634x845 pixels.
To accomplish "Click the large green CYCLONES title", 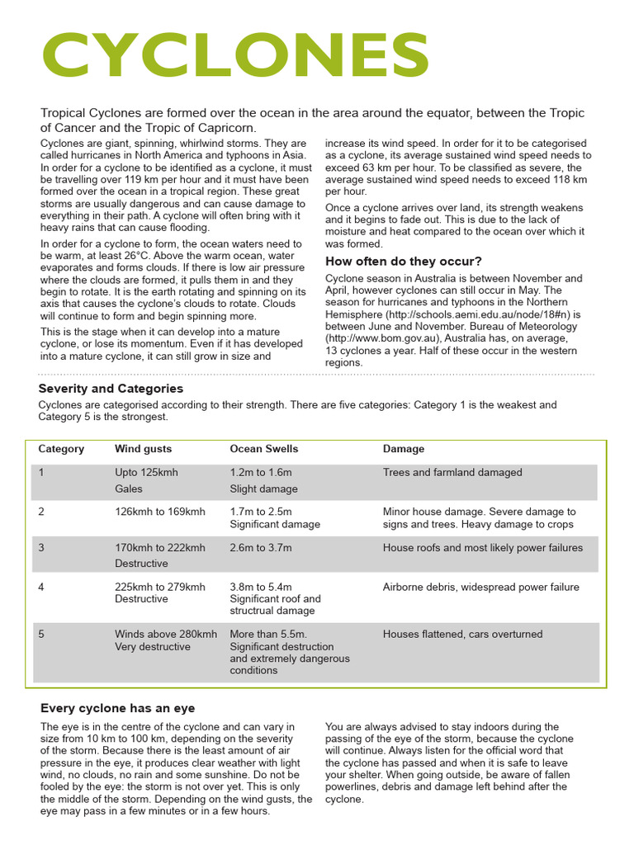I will tap(235, 56).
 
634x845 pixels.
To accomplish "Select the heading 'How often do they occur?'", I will tap(403, 262).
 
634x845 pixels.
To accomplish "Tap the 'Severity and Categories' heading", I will tap(111, 389).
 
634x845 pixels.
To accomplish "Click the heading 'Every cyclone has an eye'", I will tap(117, 708).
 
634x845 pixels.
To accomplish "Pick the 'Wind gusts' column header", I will tap(143, 449).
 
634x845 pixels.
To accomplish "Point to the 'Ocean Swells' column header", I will tap(263, 449).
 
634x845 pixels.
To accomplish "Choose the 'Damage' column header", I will tap(404, 449).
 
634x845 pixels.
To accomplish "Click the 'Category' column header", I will tap(61, 449).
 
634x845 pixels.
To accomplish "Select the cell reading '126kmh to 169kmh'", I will tap(159, 512).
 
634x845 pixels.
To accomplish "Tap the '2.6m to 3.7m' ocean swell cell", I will tap(260, 548).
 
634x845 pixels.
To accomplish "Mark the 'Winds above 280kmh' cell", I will tap(165, 635).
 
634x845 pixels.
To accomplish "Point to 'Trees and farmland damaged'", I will tap(452, 473).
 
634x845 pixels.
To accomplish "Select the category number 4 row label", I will tap(41, 588).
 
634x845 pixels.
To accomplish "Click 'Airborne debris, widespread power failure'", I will tap(480, 588).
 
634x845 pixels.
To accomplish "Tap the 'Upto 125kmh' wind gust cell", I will tap(146, 473).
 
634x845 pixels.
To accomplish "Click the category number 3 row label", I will tap(41, 548).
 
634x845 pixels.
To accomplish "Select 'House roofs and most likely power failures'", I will tap(482, 548).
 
